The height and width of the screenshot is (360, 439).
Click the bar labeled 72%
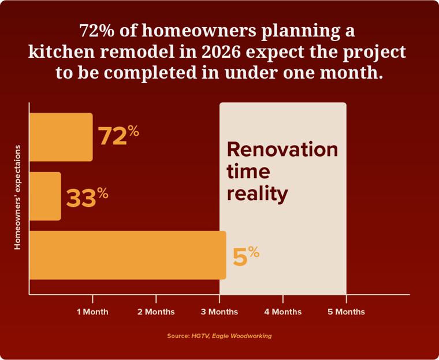(x=61, y=137)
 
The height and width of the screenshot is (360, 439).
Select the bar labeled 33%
(x=45, y=196)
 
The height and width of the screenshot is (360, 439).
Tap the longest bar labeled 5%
(x=127, y=255)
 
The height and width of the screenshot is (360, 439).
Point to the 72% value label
(x=118, y=135)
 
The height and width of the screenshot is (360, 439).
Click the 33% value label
(x=87, y=197)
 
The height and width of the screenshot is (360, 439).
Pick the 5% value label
(x=245, y=256)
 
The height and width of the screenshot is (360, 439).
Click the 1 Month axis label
(x=92, y=312)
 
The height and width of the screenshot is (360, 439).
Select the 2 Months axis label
(x=156, y=312)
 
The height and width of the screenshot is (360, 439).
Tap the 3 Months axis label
(x=219, y=312)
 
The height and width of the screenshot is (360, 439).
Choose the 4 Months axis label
(x=283, y=312)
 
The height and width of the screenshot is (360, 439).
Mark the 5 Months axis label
(x=347, y=312)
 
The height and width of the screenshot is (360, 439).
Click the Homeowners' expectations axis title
(x=17, y=197)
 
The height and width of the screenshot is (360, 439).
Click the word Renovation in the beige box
(x=282, y=149)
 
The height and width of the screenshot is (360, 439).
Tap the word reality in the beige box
(x=257, y=193)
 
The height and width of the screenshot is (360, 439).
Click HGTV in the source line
(x=199, y=336)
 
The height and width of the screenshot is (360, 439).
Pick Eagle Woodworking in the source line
(x=241, y=336)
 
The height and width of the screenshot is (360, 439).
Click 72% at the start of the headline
(x=98, y=30)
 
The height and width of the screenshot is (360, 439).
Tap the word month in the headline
(x=352, y=73)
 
